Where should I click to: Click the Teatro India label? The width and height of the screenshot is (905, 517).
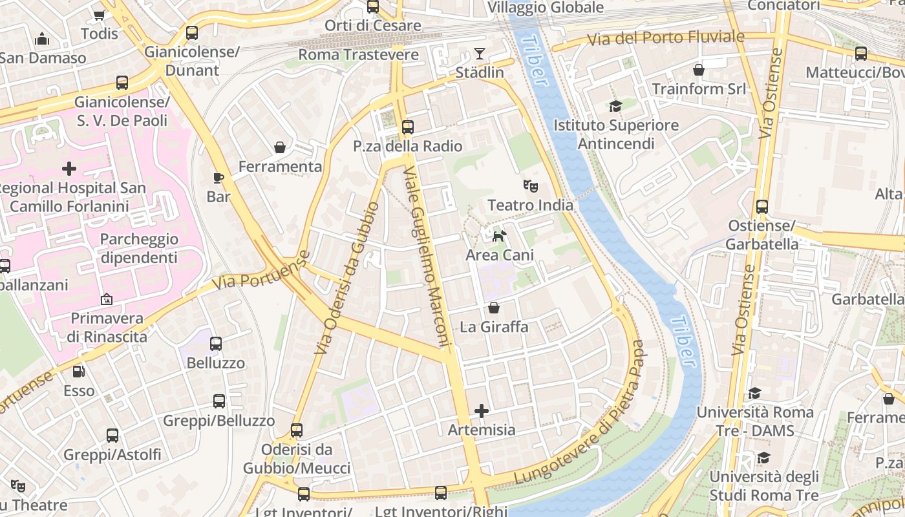[x=530, y=205]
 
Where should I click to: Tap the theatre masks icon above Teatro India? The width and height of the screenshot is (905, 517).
[x=530, y=186]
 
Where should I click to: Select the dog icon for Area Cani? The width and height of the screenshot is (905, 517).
[x=499, y=236]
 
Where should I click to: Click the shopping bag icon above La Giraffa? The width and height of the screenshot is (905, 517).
[x=494, y=308]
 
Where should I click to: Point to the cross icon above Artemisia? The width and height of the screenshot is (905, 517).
[x=482, y=410]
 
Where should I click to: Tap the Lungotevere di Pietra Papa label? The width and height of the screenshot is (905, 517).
[x=582, y=414]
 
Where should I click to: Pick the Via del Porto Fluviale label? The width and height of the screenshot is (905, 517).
[x=665, y=38]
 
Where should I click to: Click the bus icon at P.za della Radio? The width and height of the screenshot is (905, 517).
[x=407, y=127]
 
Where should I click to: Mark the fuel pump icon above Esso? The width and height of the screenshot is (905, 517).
[x=78, y=372]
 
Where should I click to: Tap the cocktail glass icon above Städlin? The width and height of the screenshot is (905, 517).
[x=479, y=53]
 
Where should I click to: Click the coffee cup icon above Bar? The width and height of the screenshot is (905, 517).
[x=218, y=178]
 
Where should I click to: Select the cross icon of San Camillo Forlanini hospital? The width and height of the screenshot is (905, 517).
[x=69, y=169]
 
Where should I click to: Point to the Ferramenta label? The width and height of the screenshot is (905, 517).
[x=280, y=167]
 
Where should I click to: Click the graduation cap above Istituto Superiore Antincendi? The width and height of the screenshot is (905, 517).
[x=615, y=106]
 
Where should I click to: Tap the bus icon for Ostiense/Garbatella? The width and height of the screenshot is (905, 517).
[x=762, y=207]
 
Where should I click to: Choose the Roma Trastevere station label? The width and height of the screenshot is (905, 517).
[x=358, y=55]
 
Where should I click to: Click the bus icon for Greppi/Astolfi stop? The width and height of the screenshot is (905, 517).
[x=112, y=436]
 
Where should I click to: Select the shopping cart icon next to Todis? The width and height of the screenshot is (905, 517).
[x=99, y=15]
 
